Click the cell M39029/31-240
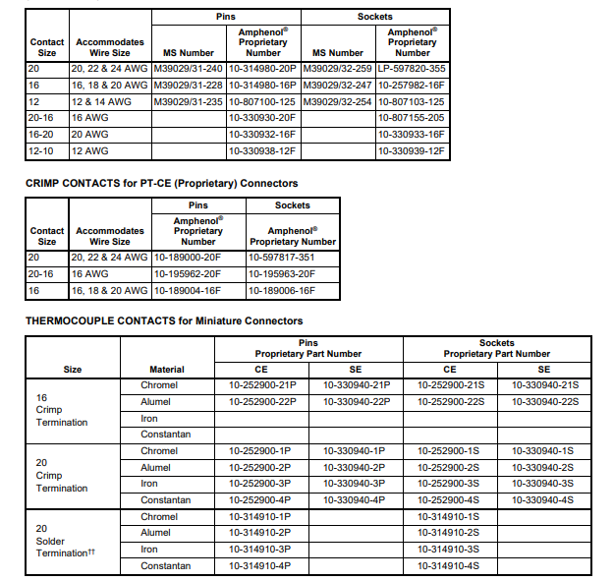[188, 68]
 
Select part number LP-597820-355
[412, 68]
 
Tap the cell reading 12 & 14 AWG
[98, 101]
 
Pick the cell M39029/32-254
[337, 101]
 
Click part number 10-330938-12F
[261, 151]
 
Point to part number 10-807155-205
[412, 117]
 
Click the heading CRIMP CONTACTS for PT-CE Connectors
[161, 183]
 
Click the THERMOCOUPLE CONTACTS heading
[163, 320]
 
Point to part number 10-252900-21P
[261, 385]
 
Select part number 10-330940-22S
[545, 401]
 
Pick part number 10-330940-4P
[355, 500]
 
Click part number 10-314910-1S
[449, 516]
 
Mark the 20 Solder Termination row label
[63, 541]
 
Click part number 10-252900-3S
[449, 484]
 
